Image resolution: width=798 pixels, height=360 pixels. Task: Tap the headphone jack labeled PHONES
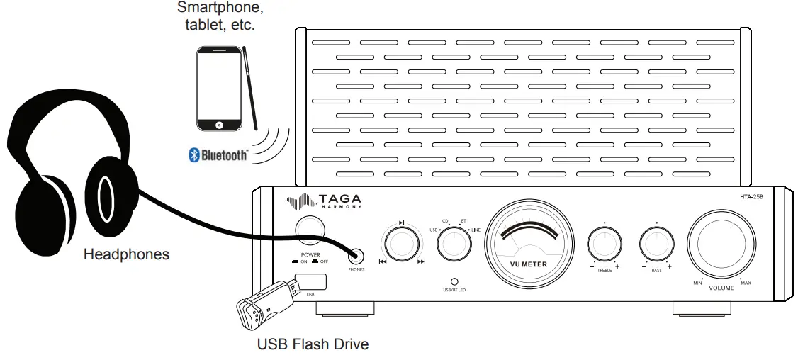(x=356, y=257)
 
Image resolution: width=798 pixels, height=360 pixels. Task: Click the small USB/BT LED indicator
(x=454, y=281)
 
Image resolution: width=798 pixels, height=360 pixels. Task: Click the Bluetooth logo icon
(x=192, y=155)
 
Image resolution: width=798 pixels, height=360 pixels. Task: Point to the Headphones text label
(x=126, y=254)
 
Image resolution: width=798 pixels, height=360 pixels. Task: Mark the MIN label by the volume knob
(x=697, y=283)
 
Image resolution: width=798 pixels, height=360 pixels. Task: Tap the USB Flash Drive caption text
(x=313, y=345)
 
